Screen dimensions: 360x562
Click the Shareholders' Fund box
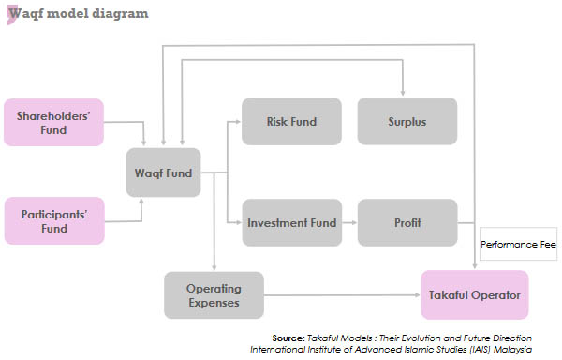tap(53, 122)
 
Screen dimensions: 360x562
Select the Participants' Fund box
tap(53, 220)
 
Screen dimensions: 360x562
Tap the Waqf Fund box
tap(163, 172)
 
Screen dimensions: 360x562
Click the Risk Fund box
tap(289, 122)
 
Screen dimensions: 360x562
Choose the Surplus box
tap(407, 122)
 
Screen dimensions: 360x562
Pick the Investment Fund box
tap(289, 223)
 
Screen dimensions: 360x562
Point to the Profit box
tap(407, 223)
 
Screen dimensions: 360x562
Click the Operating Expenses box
tap(214, 294)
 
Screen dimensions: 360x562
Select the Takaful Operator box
tap(474, 294)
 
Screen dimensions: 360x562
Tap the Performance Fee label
tap(518, 247)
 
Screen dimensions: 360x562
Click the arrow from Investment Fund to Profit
tap(348, 223)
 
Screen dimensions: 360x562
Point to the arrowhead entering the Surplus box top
tap(403, 95)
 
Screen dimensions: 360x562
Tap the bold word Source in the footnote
tap(288, 337)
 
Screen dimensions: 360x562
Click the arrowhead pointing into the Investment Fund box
tap(238, 223)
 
